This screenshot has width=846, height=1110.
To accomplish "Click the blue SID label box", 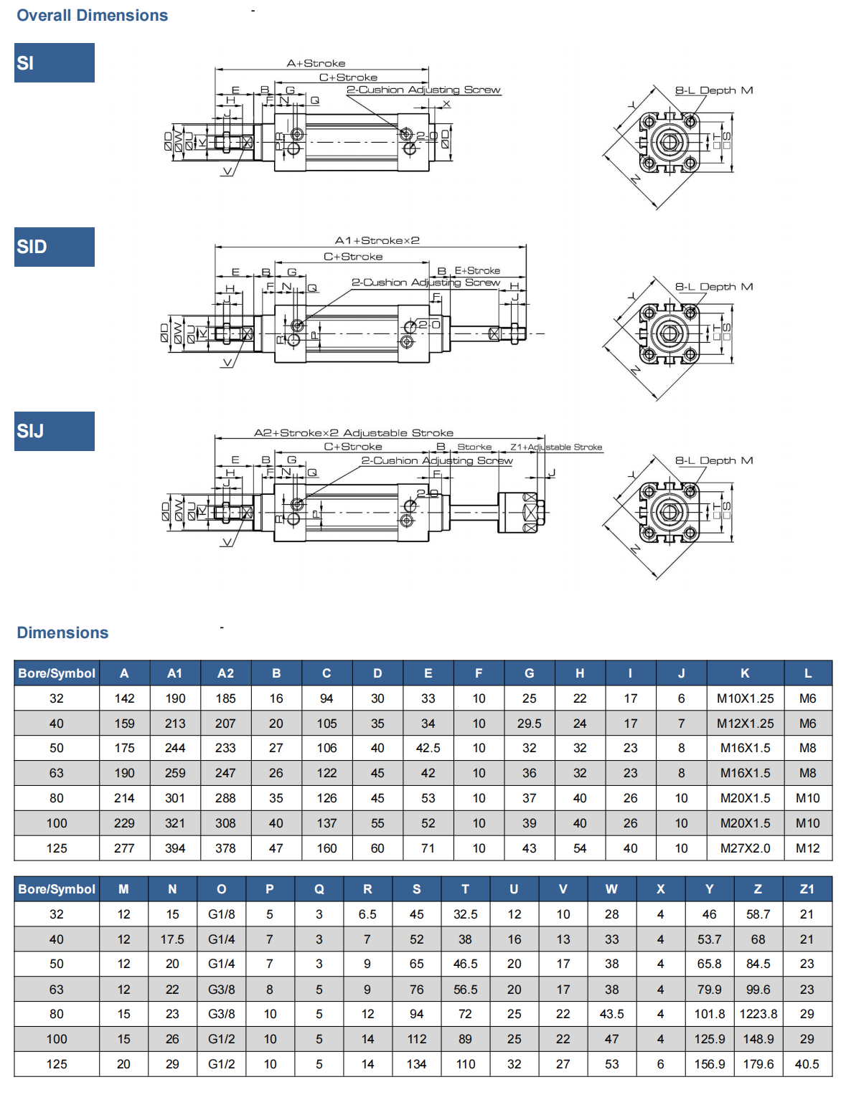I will coord(54,247).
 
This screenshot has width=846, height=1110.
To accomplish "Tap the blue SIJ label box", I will coord(54,431).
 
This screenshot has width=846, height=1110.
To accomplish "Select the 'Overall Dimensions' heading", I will coord(92,15).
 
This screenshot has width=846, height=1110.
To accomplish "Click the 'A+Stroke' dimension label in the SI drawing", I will coord(316,63).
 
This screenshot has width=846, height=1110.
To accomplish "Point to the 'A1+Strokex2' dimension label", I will coord(377,240).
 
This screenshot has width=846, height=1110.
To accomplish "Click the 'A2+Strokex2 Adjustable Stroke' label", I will coord(354,432).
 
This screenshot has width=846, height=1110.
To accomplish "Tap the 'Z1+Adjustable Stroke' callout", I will coord(556,447).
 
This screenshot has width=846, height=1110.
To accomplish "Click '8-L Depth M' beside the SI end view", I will coord(713,90).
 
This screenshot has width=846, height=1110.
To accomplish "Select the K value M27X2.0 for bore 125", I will coord(745,848).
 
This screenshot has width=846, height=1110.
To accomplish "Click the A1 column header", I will coord(175,673).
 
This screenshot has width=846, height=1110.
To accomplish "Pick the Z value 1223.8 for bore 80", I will coord(758,1014).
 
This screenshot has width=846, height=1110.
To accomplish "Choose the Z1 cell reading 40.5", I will coord(807,1064).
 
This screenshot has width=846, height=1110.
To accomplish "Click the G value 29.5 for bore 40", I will coord(529,724).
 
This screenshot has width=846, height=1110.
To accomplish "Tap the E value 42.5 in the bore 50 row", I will coord(428,748).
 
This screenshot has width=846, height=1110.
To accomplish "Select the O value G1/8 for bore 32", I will coord(221,914).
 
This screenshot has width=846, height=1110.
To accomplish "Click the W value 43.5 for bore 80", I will coord(611,1014).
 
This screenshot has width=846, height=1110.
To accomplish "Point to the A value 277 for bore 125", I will coord(124,848).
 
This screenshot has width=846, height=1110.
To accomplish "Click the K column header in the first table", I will coord(745,673).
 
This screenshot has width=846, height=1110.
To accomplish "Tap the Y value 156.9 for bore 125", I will coord(709,1064).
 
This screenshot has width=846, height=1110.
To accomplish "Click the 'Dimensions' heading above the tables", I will coord(62,632).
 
